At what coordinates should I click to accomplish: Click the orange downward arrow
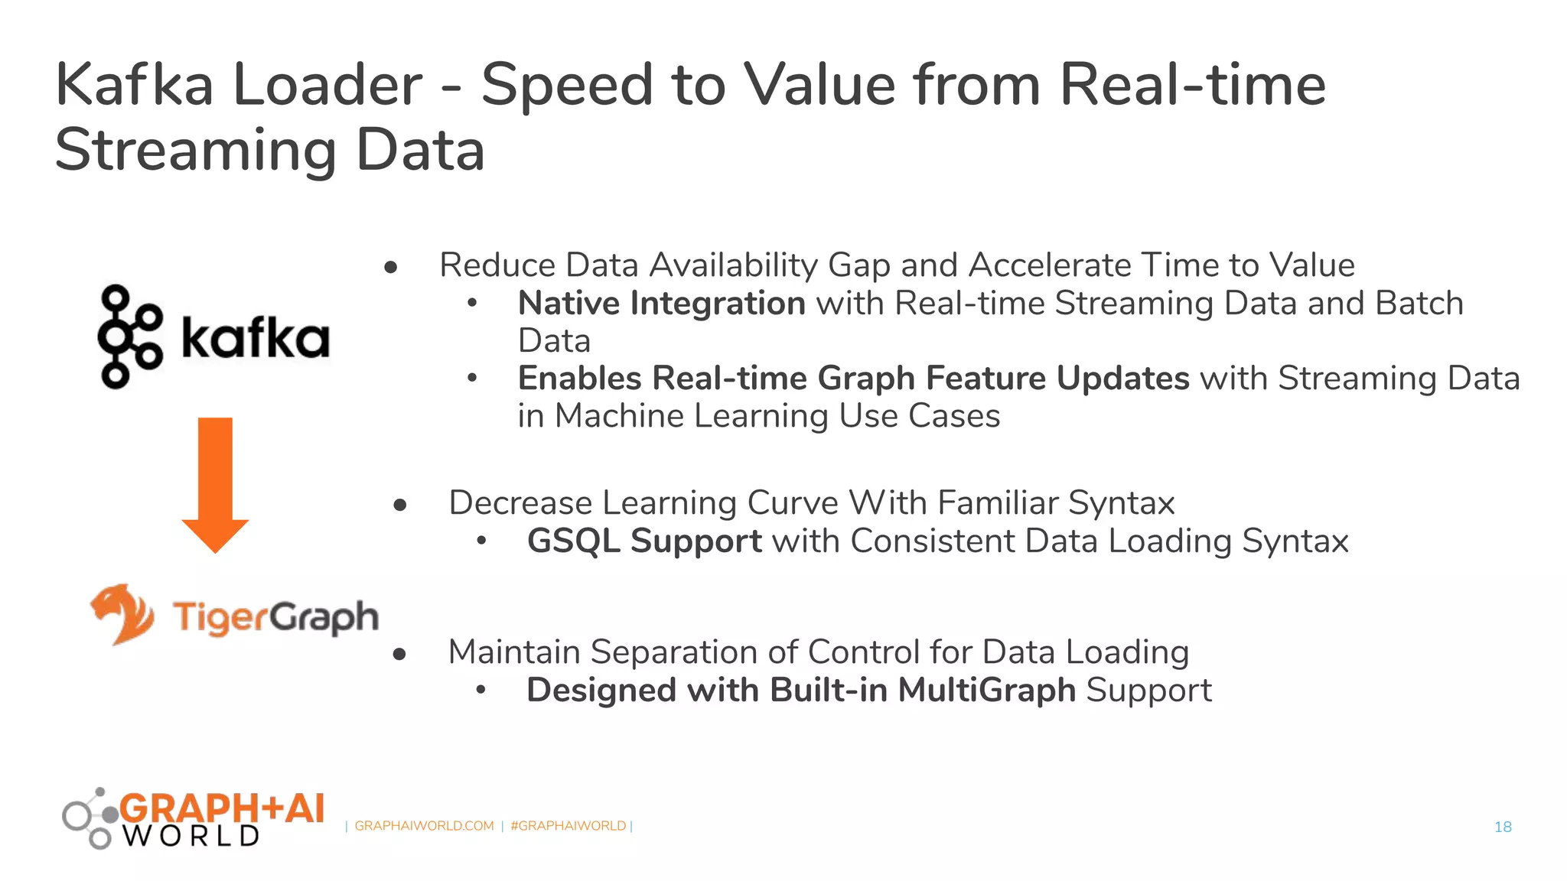tap(215, 482)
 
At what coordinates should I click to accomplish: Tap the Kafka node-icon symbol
tap(129, 336)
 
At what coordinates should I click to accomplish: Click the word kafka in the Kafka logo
tap(256, 340)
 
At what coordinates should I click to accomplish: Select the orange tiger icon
tap(122, 613)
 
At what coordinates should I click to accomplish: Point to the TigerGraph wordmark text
tap(275, 616)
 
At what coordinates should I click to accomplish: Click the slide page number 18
tap(1503, 827)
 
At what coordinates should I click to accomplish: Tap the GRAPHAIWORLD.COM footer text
tap(424, 826)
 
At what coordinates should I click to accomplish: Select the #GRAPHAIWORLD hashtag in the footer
tap(568, 826)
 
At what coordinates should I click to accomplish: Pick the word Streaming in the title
tap(196, 150)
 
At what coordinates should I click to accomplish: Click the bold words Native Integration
tap(661, 304)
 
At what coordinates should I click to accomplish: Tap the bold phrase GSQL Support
tap(644, 541)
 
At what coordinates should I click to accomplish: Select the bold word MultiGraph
tap(987, 690)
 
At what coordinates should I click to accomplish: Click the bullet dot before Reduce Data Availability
tap(391, 267)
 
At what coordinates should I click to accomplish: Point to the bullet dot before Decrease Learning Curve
tap(399, 505)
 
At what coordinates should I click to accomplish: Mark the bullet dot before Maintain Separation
tap(399, 654)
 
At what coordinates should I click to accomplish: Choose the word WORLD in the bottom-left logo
tap(191, 836)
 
